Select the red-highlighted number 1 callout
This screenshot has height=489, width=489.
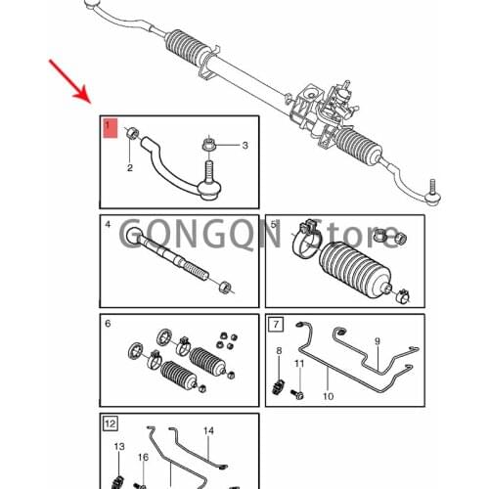(109, 127)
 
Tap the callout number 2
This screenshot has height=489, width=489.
(129, 168)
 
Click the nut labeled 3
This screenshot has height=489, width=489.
(207, 147)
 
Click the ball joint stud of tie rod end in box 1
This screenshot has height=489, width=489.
(207, 181)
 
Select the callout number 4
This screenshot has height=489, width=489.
(108, 225)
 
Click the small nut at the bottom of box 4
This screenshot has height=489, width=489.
(224, 287)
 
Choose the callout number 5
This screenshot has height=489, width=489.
(274, 225)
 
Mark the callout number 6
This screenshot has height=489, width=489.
(108, 324)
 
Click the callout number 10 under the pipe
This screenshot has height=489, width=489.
(328, 396)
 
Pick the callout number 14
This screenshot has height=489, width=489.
(207, 430)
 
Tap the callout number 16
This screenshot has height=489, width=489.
(143, 458)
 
